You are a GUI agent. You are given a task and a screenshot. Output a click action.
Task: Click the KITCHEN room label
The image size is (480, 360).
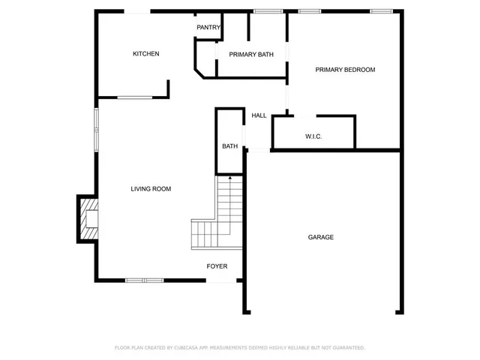145,54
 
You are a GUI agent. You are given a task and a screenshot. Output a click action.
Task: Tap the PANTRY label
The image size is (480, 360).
208,28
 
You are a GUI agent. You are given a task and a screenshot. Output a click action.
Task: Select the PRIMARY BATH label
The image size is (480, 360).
251,55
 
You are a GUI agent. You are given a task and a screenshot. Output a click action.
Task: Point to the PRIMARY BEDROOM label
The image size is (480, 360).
345,70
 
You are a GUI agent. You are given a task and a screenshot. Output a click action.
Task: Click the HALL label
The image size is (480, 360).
259,115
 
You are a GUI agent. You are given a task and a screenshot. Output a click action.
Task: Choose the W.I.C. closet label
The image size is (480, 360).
313,136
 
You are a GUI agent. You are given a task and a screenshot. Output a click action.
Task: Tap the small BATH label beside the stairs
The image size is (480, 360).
229,146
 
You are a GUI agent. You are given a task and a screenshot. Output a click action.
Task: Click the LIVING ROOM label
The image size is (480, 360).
151,189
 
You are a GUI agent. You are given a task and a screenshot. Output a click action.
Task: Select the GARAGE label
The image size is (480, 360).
321,237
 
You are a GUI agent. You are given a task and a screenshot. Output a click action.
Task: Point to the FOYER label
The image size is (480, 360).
217,266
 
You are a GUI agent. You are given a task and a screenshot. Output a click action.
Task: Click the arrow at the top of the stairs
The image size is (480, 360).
229,178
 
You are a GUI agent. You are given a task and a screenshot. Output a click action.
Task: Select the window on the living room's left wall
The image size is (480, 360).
95,129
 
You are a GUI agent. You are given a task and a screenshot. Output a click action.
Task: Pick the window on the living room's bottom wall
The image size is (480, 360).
144,280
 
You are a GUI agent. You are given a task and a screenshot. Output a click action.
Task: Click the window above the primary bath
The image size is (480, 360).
268,11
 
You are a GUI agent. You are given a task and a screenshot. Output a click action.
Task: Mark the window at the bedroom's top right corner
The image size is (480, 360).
382,11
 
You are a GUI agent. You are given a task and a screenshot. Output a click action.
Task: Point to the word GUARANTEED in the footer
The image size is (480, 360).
347,348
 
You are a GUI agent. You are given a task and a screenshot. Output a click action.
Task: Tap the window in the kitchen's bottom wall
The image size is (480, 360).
135,97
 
